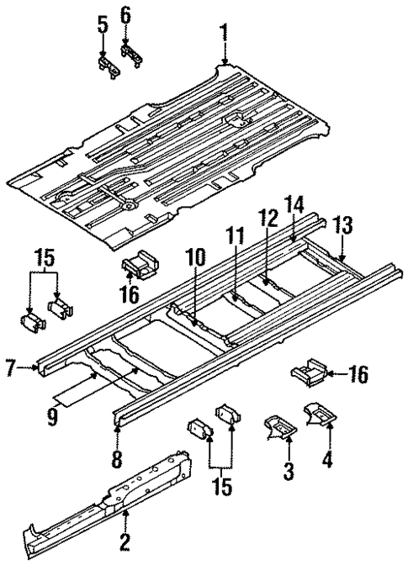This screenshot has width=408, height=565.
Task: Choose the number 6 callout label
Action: [x=125, y=15]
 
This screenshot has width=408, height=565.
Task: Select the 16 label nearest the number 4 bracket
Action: [x=358, y=375]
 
